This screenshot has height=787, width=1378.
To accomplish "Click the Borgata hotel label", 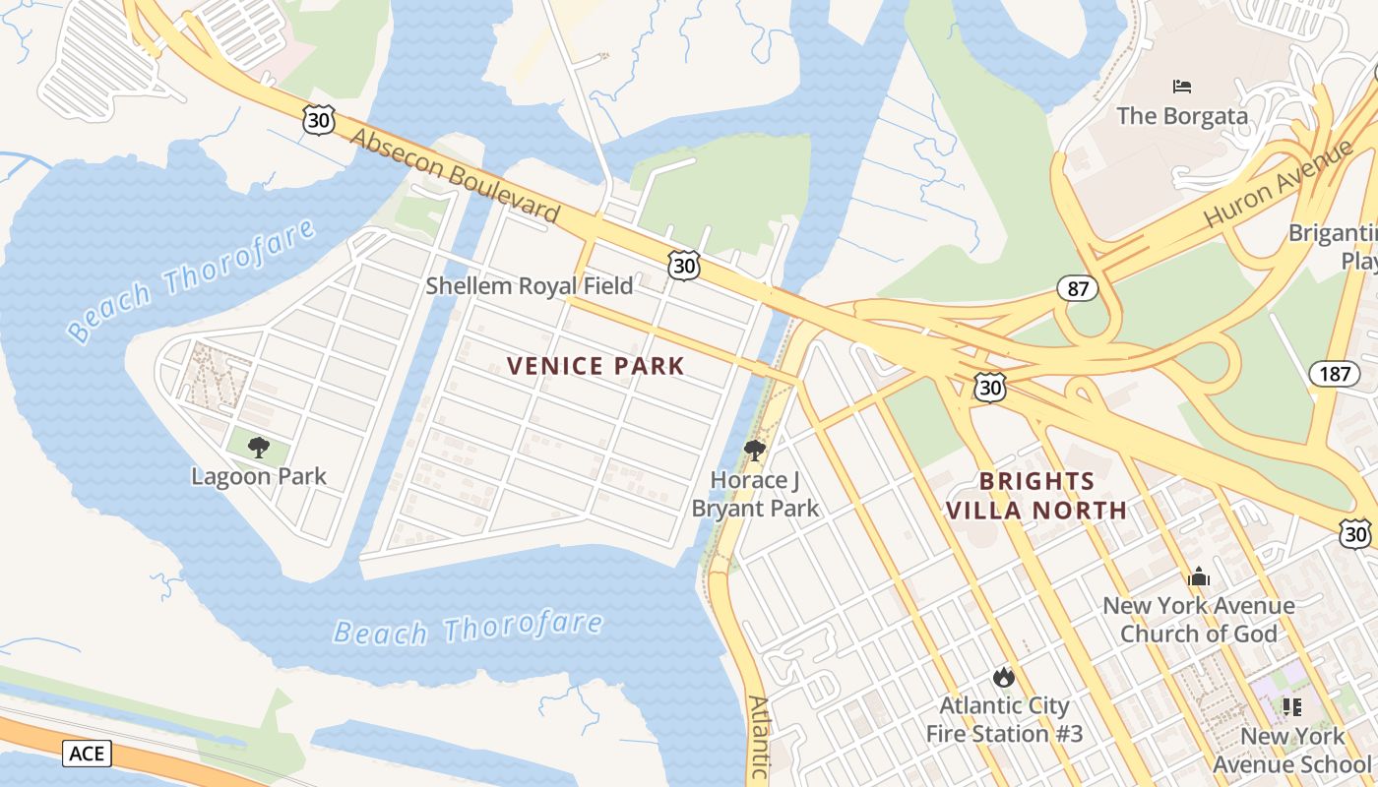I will [x=1181, y=116].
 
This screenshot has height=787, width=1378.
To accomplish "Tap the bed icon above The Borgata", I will [x=1182, y=87].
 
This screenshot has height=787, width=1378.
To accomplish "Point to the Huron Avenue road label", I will [x=1279, y=184].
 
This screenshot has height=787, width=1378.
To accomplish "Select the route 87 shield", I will [x=1078, y=288].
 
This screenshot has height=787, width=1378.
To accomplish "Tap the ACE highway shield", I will [x=88, y=754].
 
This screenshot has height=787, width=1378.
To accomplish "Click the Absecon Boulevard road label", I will [x=455, y=176].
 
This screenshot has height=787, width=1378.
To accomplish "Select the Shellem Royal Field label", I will [x=530, y=286].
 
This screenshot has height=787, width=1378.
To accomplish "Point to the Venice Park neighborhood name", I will [x=595, y=366].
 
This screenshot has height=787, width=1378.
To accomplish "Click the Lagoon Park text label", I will [x=259, y=477].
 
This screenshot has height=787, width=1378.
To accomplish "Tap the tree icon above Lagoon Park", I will [x=259, y=448].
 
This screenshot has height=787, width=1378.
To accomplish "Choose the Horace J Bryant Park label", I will [x=755, y=494].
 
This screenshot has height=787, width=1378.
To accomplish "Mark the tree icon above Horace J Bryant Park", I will [x=755, y=451].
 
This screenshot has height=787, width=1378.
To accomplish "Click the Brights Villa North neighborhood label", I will [x=1035, y=496].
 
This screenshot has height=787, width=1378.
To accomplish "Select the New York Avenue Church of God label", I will [x=1198, y=619].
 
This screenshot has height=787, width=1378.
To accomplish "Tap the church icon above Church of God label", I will [x=1199, y=576].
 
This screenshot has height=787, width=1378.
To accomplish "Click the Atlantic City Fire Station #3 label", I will [x=1004, y=719].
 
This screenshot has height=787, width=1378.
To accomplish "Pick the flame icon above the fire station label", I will [x=1004, y=677].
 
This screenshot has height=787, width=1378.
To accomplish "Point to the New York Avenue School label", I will [x=1291, y=750].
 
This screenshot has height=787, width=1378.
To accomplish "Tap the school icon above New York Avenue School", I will [x=1292, y=706].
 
